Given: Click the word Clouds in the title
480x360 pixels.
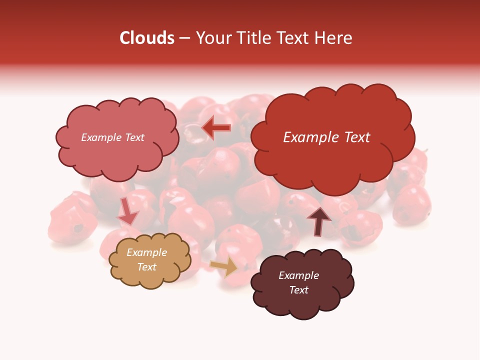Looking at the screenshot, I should click(x=147, y=38).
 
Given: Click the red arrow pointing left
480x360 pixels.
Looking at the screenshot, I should click(x=216, y=127).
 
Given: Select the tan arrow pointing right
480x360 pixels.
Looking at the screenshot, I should click(x=224, y=266).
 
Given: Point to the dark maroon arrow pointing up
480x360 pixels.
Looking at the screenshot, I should click(x=318, y=220).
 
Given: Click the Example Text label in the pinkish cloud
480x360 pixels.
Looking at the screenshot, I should click(x=112, y=137).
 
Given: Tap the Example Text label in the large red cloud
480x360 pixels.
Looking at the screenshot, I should click(x=326, y=137).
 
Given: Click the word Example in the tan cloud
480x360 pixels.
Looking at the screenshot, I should click(x=146, y=252).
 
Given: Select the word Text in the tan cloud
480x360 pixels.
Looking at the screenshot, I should click(x=147, y=267).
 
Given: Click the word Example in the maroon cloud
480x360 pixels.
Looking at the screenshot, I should click(x=298, y=275).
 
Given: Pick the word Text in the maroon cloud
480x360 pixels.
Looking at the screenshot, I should click(x=298, y=290).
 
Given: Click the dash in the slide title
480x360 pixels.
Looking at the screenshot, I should click(x=184, y=38).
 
